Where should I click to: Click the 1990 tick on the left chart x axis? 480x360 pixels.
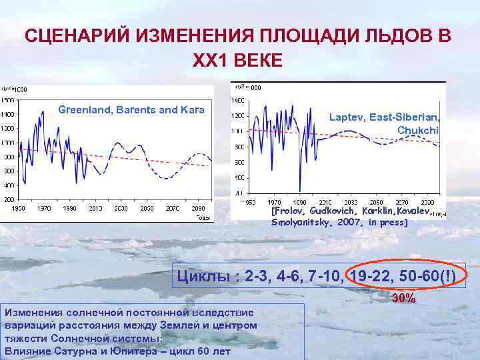[x=70, y=209]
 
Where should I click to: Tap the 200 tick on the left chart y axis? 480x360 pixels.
[x=9, y=199]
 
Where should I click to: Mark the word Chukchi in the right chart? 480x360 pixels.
[x=419, y=129]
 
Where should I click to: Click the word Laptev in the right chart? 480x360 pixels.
[x=345, y=117]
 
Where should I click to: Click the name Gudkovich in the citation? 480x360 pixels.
[x=324, y=211]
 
